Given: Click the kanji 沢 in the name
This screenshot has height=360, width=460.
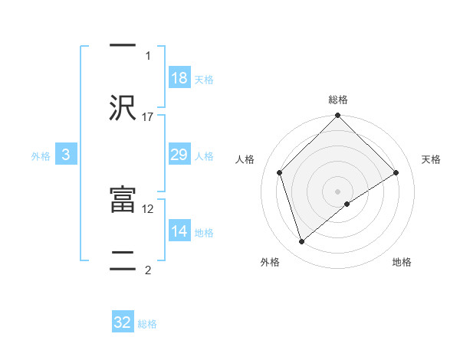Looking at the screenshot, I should (x=123, y=107).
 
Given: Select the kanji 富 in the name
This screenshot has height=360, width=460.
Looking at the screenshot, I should (x=123, y=201).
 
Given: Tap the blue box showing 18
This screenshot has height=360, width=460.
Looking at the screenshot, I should (x=179, y=78).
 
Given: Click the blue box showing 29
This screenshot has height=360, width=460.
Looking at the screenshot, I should (x=179, y=155).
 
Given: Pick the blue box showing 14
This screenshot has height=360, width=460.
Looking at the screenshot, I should (x=179, y=231).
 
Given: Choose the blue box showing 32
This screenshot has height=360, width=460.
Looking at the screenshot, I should (x=123, y=322).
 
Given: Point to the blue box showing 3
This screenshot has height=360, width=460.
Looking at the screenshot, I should (x=66, y=155).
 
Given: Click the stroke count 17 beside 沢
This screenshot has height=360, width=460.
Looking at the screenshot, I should (x=148, y=116).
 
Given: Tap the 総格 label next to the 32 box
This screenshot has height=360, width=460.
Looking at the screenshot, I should (x=147, y=324).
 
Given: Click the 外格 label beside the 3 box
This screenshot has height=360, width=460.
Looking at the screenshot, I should (x=41, y=156).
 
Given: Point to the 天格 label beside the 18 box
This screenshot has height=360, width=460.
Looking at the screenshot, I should (x=204, y=80).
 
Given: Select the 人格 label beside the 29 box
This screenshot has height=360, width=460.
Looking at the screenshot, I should (x=204, y=156).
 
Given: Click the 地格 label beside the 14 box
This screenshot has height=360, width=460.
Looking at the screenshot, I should (x=204, y=233).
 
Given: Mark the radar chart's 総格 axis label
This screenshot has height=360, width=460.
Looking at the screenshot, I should (x=338, y=100).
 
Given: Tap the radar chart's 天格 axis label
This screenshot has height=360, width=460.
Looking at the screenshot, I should (x=431, y=159).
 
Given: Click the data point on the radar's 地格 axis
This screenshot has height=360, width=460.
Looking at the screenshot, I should (x=347, y=204).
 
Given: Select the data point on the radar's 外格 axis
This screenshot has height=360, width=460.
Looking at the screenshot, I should (x=302, y=242).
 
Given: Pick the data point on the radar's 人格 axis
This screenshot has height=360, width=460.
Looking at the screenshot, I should (x=280, y=172).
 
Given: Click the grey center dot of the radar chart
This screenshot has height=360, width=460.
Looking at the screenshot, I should (x=338, y=191).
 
